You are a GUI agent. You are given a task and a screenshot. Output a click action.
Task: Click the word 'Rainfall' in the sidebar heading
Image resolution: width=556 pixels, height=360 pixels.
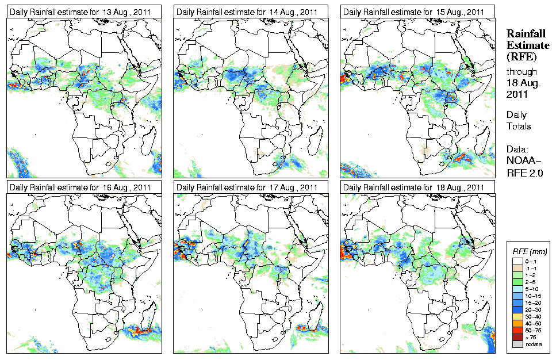[525, 35]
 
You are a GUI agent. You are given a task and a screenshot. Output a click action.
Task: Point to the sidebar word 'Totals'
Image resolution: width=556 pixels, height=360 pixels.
[519, 126]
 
